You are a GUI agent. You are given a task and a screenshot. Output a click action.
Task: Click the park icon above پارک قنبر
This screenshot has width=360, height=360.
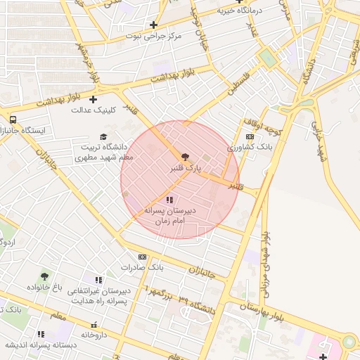coord(185,157)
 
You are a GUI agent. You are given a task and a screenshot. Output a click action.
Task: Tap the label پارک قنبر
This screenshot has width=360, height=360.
coord(186,169)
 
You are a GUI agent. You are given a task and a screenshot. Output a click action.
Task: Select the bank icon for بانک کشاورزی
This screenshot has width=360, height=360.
coord(250,137)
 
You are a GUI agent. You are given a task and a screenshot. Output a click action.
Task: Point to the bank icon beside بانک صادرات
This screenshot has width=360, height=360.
coord(143,257)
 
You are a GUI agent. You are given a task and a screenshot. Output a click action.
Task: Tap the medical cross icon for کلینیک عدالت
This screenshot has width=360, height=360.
coord(93,98)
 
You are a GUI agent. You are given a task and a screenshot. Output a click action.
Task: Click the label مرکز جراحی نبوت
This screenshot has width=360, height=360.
coord(153,35)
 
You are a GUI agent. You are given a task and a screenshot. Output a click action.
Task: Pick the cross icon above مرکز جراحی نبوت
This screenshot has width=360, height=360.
coord(153,24)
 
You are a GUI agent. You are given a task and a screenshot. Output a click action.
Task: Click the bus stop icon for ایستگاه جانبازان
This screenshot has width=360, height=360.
coord(13,119)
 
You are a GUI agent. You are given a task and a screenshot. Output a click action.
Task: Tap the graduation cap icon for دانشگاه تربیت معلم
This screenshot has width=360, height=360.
coord(103,136)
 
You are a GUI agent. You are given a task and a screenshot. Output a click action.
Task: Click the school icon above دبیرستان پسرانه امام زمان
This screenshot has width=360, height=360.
coord(169,200)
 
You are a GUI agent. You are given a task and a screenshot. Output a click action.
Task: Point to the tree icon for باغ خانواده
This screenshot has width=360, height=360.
coord(45,276)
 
